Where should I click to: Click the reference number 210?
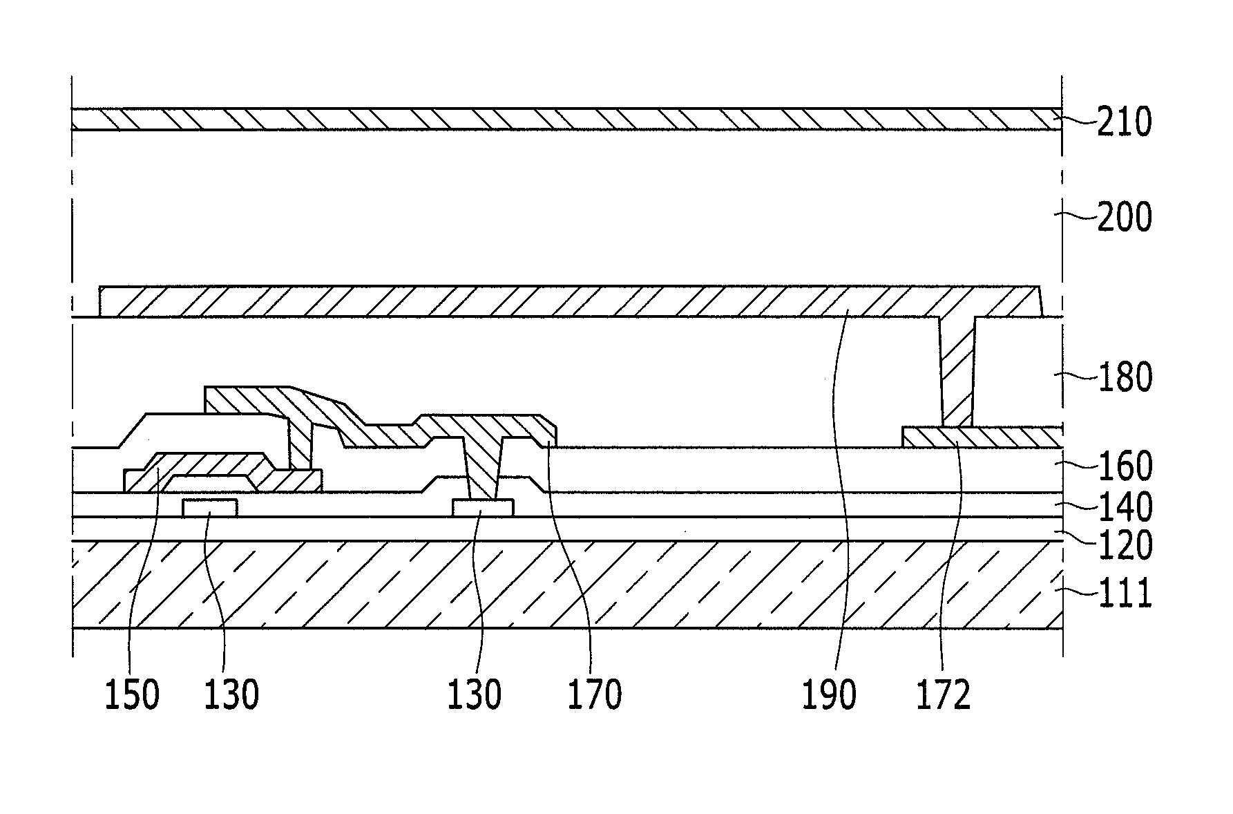[x=1125, y=123]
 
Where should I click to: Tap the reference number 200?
[x=1125, y=218]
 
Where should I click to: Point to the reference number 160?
[x=1125, y=467]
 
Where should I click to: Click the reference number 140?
[x=1125, y=508]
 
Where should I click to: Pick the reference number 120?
[x=1125, y=546]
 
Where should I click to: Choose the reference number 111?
[x=1125, y=594]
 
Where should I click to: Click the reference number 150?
[x=131, y=694]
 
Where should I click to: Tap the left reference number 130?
[x=231, y=694]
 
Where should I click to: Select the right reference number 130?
[x=474, y=694]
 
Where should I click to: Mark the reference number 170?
[x=594, y=694]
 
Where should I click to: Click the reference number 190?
[x=829, y=694]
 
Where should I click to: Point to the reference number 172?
[x=944, y=694]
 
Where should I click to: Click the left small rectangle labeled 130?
[x=210, y=508]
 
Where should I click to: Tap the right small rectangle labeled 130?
[x=483, y=508]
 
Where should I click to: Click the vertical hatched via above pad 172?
[x=957, y=373]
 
